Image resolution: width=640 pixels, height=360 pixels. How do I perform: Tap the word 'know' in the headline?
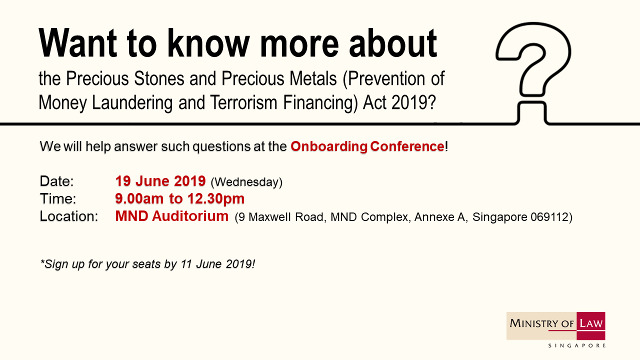click(x=208, y=43)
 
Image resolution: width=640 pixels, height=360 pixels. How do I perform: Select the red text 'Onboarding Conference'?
click(x=367, y=146)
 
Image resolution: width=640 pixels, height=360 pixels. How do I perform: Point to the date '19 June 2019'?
click(x=160, y=181)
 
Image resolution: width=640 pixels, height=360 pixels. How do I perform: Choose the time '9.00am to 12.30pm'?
click(x=179, y=199)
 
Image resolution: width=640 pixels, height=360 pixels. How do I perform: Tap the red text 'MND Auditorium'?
click(x=171, y=216)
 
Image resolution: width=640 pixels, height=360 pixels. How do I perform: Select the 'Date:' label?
click(x=56, y=181)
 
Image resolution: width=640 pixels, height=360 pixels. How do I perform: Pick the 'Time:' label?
click(x=58, y=199)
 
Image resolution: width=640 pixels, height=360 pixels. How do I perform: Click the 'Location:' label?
click(x=69, y=216)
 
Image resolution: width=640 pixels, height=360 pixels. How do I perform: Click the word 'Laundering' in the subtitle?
click(x=132, y=102)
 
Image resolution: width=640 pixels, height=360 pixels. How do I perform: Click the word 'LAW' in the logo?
click(x=591, y=323)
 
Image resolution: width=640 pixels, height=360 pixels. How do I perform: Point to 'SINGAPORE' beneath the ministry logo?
click(x=577, y=345)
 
